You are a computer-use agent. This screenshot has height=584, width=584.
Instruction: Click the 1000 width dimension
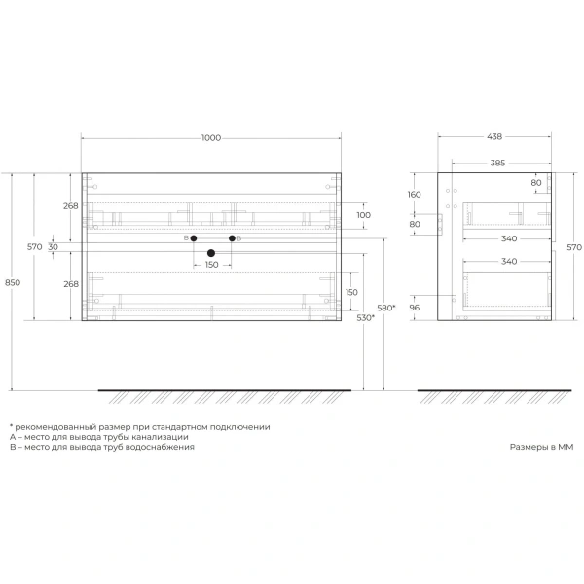[210, 138]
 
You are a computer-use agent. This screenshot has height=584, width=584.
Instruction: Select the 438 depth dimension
[496, 138]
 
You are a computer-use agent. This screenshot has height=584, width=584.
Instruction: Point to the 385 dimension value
[496, 163]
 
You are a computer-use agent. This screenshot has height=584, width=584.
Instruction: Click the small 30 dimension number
[54, 247]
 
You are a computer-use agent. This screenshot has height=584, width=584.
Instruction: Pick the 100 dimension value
[363, 215]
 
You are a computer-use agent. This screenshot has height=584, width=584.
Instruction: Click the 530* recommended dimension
[365, 317]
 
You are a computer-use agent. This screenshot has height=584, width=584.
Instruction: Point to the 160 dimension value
[415, 194]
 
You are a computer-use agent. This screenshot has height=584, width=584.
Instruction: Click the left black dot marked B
[194, 238]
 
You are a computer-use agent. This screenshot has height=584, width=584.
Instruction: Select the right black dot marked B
[232, 238]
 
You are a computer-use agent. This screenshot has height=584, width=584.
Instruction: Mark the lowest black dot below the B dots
[210, 253]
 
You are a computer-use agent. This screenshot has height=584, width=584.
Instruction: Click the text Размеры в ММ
[542, 447]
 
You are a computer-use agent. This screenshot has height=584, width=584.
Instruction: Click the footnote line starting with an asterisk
[139, 427]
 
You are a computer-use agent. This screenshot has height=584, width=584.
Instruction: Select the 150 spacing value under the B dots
[211, 265]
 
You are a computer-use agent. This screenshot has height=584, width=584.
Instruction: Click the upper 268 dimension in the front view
[70, 205]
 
